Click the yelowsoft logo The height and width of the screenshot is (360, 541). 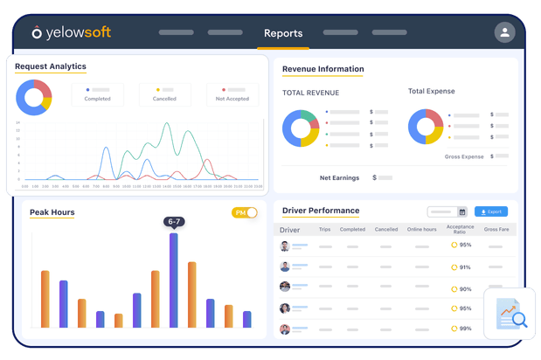click(x=72, y=33)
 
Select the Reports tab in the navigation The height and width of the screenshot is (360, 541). click(x=283, y=33)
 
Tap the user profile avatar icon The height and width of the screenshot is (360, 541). click(x=504, y=32)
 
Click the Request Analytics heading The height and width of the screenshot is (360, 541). click(x=51, y=66)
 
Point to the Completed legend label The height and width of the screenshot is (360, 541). click(x=97, y=99)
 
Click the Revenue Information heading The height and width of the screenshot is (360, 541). click(x=323, y=69)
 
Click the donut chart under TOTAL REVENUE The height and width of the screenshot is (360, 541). click(x=301, y=128)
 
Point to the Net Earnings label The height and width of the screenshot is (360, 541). click(x=339, y=177)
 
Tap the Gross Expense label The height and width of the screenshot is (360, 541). click(x=464, y=156)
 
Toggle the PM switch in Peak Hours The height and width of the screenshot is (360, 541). click(x=245, y=212)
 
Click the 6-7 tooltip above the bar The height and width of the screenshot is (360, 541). click(x=174, y=222)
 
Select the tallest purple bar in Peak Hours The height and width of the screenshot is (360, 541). click(x=174, y=280)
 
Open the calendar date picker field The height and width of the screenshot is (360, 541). click(x=447, y=211)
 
